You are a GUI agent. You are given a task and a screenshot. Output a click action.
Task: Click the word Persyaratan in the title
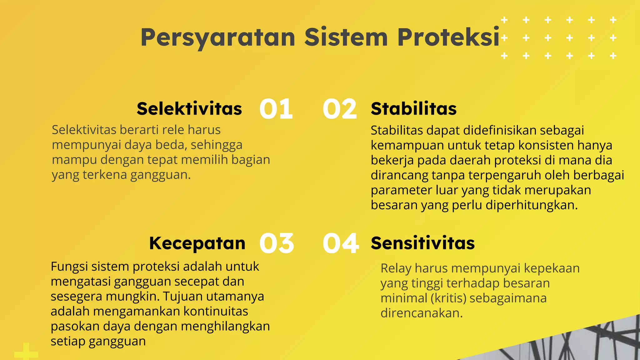[x=218, y=37]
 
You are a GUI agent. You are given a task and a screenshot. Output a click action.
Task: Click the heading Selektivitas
[x=189, y=109]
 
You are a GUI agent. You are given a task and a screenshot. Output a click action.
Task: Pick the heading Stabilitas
[x=414, y=109]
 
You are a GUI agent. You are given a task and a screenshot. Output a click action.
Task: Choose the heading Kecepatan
[x=197, y=243]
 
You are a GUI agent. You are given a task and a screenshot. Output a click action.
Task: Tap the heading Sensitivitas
[x=423, y=243]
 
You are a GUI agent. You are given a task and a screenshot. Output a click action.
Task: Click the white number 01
[x=276, y=109]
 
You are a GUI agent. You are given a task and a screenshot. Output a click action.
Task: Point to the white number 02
[x=340, y=109]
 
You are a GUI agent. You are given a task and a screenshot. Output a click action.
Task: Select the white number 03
[x=277, y=243]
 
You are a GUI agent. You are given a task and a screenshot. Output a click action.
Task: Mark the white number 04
[x=341, y=243]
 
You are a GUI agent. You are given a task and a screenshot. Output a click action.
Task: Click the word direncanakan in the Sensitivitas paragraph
[x=421, y=313]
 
